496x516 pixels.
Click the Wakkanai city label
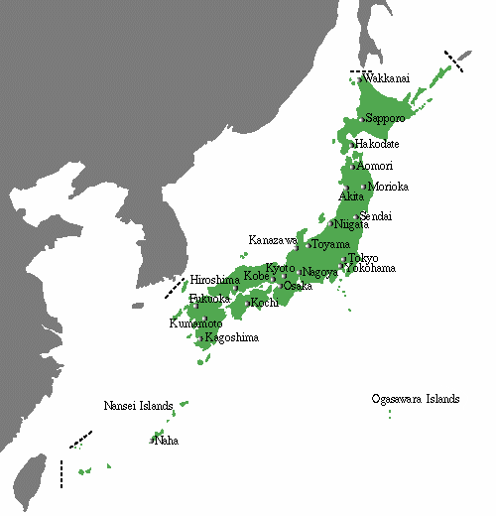pos(385,78)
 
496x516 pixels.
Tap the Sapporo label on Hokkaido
pos(386,118)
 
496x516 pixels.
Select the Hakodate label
pos(378,145)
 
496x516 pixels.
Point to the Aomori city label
pos(374,166)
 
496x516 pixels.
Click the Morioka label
pos(388,187)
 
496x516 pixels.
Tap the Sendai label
pos(376,216)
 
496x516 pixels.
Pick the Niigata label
pos(353,224)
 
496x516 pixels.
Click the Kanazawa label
pos(273,240)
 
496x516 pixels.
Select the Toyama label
pos(331,244)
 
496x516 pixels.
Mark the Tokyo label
pos(363,258)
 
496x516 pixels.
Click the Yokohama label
pos(371,269)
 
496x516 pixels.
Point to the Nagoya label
pos(320,272)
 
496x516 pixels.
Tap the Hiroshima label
pos(214,280)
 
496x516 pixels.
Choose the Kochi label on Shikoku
pos(264,302)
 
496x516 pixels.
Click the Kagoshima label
pos(231,338)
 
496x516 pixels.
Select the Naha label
pos(167,440)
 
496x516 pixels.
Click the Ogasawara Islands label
pos(416,399)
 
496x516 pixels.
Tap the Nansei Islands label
pos(138,406)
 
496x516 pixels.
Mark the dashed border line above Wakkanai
pos(357,71)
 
